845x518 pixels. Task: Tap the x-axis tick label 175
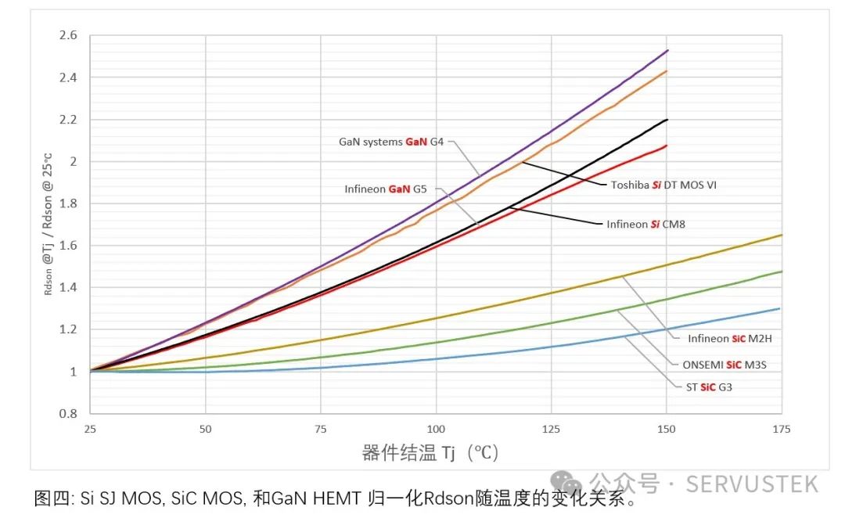click(x=781, y=429)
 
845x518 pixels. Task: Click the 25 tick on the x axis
click(x=90, y=429)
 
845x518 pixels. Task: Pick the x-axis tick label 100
click(x=436, y=429)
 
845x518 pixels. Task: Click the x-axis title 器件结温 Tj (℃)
click(x=430, y=453)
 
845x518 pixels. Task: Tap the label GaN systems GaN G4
click(x=391, y=142)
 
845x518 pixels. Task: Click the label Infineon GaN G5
click(x=387, y=189)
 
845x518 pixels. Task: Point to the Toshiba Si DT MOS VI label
click(x=663, y=185)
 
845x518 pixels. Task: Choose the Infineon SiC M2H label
click(x=730, y=340)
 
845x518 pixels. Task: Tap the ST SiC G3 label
click(x=704, y=387)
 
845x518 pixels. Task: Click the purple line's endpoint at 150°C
click(x=667, y=50)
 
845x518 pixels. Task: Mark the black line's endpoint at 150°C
click(x=667, y=120)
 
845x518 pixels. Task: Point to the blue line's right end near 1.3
click(x=780, y=308)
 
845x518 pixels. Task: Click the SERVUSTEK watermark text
click(x=752, y=484)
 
